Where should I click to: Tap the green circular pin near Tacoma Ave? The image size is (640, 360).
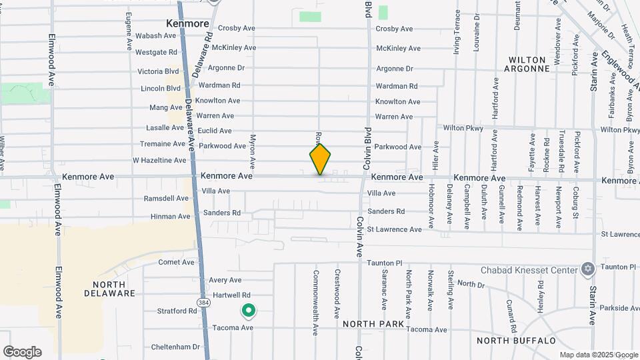pos(249,311)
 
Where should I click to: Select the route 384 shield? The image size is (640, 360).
pos(202,303)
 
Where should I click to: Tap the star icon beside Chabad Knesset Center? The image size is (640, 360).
pos(587,269)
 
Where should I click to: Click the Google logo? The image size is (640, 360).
pos(22,352)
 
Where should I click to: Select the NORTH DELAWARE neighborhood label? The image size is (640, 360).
pos(109,289)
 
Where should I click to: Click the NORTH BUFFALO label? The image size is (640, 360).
pos(517,341)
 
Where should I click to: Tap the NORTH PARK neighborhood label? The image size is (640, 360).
pos(373,324)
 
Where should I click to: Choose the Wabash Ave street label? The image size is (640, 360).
pos(156,35)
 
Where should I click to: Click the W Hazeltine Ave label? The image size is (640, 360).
pos(159,161)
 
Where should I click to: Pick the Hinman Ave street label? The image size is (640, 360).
pos(170,217)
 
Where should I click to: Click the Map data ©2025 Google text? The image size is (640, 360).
pos(599,355)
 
